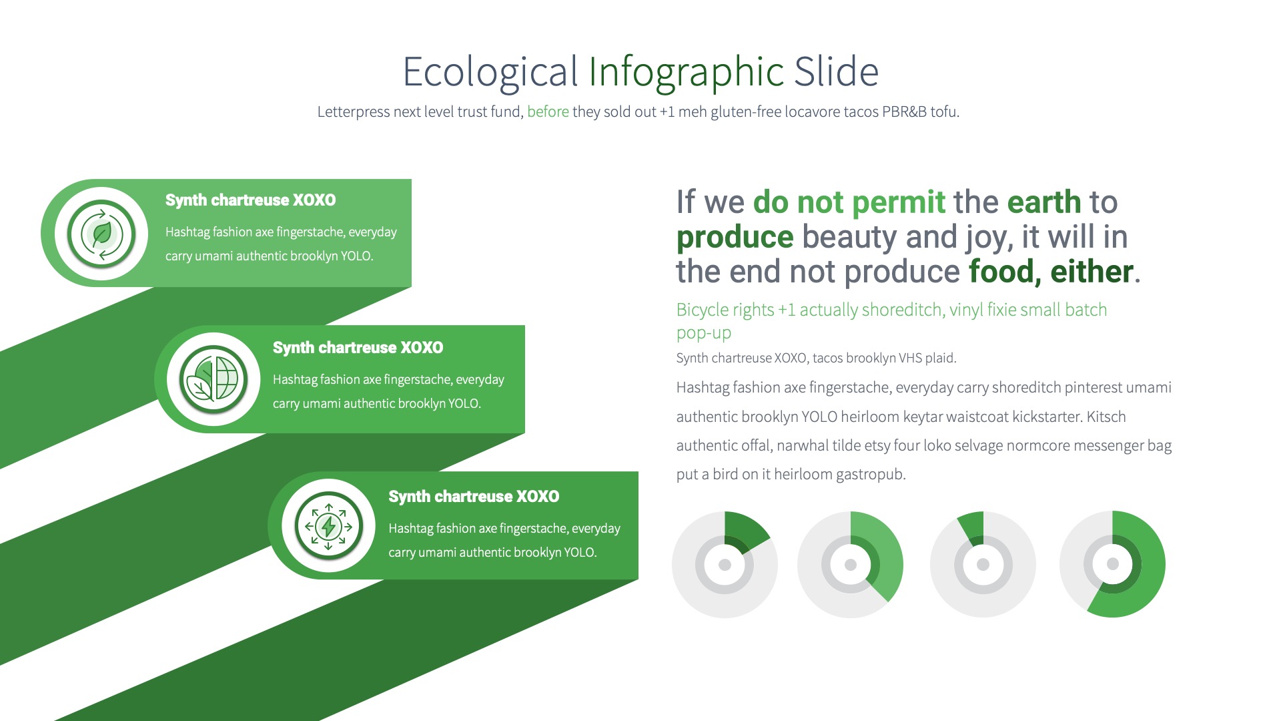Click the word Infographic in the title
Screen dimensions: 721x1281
pyautogui.click(x=686, y=71)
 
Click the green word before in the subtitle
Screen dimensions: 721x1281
pyautogui.click(x=548, y=111)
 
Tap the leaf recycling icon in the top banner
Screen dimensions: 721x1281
pyautogui.click(x=101, y=234)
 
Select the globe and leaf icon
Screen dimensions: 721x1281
pyautogui.click(x=213, y=379)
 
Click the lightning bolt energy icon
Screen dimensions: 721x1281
pyautogui.click(x=328, y=527)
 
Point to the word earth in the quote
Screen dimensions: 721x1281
pyautogui.click(x=1043, y=202)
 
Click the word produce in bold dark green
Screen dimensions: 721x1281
pyautogui.click(x=735, y=237)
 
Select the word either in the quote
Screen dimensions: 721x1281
pyautogui.click(x=1092, y=272)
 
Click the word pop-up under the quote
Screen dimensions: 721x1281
pyautogui.click(x=703, y=332)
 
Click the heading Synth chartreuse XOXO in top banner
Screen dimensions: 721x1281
pyautogui.click(x=250, y=200)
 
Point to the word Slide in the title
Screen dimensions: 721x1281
pyautogui.click(x=836, y=71)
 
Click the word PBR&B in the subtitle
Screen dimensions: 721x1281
pyautogui.click(x=904, y=111)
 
